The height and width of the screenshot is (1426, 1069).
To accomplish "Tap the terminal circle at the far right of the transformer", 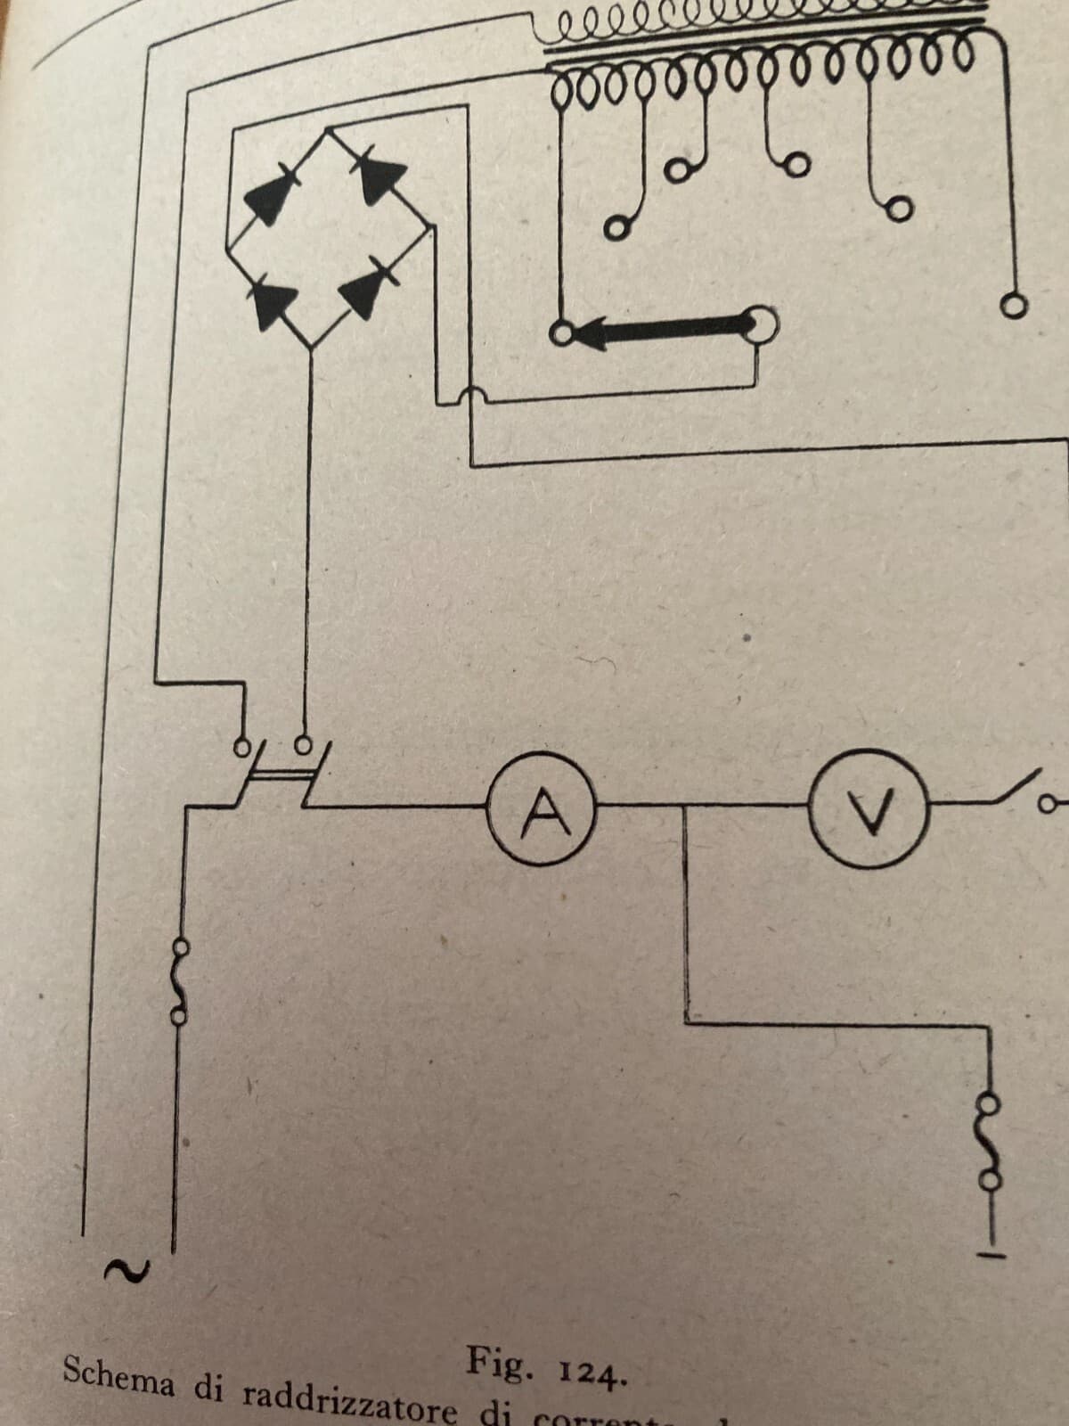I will coord(1014,308).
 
